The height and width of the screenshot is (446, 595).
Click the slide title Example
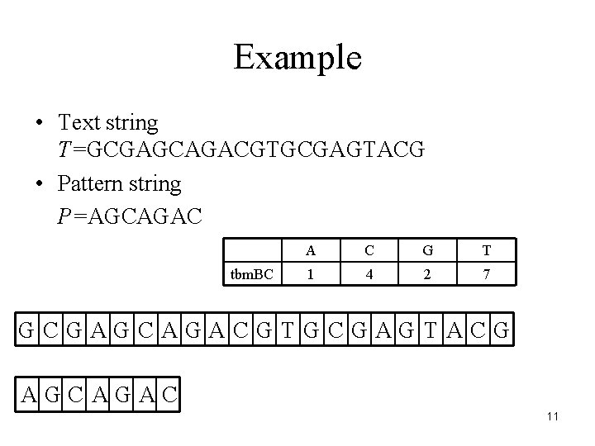(x=297, y=58)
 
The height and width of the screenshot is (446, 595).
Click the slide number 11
(x=553, y=416)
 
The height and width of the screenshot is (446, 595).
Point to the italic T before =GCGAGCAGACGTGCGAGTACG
(x=64, y=149)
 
